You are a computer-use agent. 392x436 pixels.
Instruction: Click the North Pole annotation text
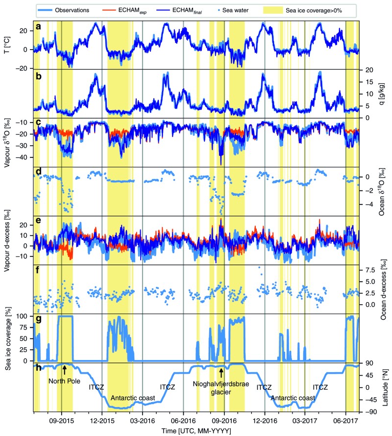64,379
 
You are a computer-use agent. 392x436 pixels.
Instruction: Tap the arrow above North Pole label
65,369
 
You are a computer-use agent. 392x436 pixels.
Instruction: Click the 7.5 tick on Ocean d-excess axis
369,270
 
